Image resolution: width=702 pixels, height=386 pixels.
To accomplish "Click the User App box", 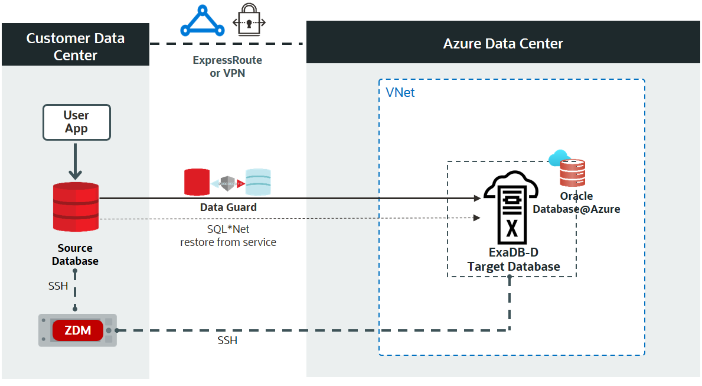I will click(77, 122).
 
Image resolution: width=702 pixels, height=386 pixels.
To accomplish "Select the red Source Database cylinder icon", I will click(76, 207).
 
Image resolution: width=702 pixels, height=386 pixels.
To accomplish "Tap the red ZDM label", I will click(78, 330).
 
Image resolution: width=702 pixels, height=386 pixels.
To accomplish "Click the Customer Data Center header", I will click(76, 47).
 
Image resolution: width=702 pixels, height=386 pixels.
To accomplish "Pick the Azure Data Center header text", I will click(503, 44).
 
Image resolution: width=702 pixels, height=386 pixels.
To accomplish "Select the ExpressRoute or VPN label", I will click(227, 67).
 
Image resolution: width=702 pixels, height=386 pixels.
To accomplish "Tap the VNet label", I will click(400, 93).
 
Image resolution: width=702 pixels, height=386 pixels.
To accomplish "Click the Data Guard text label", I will click(228, 207).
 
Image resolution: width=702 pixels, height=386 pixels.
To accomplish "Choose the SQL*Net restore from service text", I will click(228, 235).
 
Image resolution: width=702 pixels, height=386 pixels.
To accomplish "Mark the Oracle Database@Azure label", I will click(576, 202).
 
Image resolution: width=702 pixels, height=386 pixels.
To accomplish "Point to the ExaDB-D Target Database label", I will click(514, 260).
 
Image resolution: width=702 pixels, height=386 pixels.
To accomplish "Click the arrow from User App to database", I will click(76, 161).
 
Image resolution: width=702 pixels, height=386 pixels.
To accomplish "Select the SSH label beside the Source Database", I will click(58, 286).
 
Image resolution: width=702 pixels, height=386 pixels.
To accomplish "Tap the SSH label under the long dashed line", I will click(227, 341).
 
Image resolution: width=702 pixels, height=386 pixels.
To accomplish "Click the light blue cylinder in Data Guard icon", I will click(258, 182).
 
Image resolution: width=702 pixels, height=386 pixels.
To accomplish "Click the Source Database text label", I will click(75, 255).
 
